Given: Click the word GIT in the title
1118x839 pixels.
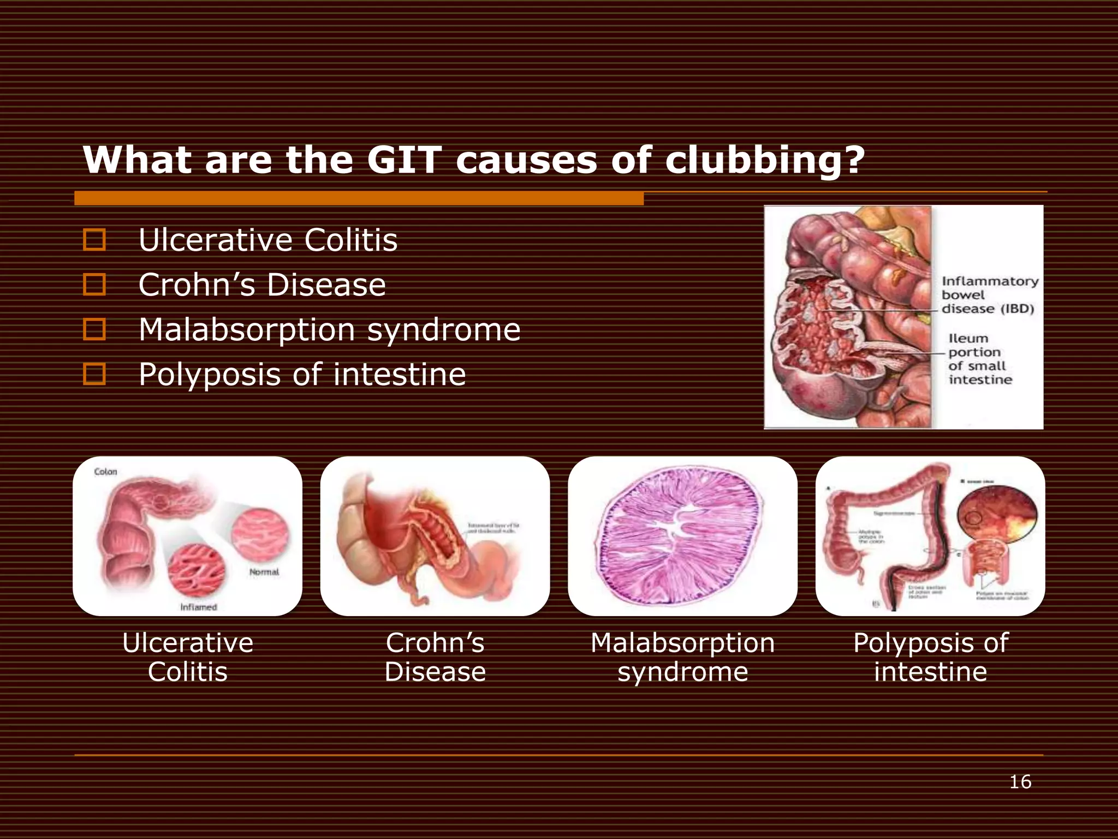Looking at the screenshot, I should pyautogui.click(x=403, y=160).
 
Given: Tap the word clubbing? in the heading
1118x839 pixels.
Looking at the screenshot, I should pyautogui.click(x=765, y=161).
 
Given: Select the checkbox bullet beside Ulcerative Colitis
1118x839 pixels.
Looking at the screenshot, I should pyautogui.click(x=94, y=240).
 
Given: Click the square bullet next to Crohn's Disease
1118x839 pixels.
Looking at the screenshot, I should pyautogui.click(x=94, y=285).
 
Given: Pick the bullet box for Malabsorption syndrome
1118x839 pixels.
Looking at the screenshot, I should pyautogui.click(x=94, y=329).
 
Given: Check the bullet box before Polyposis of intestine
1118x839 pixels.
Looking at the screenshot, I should pyautogui.click(x=94, y=374).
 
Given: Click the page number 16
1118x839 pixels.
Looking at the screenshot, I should pyautogui.click(x=1020, y=782).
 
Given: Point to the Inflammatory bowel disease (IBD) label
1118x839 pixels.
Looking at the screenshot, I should pyautogui.click(x=989, y=295).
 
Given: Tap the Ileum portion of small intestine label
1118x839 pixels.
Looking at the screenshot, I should pyautogui.click(x=980, y=359).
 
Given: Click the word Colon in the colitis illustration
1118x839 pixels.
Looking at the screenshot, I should pyautogui.click(x=105, y=471).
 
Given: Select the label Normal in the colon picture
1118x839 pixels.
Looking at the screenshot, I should pyautogui.click(x=264, y=572).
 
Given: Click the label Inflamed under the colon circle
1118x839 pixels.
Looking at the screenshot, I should pyautogui.click(x=199, y=607).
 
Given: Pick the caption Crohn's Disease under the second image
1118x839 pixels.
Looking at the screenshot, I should pyautogui.click(x=435, y=657).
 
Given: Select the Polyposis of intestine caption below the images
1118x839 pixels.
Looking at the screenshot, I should pyautogui.click(x=930, y=657).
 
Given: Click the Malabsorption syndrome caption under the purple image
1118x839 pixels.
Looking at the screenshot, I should pyautogui.click(x=682, y=657).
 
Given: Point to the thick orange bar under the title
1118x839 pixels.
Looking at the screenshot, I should pyautogui.click(x=359, y=198).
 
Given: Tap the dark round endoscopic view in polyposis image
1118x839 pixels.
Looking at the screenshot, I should pyautogui.click(x=997, y=511).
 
